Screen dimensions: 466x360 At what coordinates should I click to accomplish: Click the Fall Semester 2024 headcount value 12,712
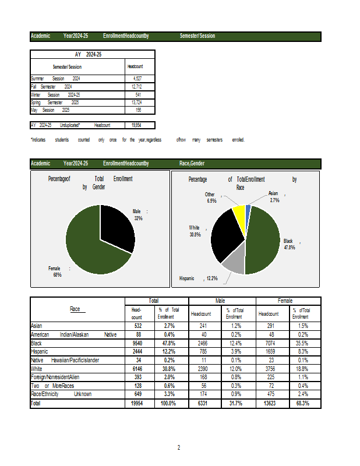pos(137,86)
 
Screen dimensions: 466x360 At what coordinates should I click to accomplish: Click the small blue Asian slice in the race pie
pos(248,208)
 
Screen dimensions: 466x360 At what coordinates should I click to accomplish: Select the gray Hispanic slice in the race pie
pos(234,263)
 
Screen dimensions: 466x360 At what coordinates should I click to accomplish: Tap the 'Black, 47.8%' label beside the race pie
pos(290,244)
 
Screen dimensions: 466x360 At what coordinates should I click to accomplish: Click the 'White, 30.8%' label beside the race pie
pos(196,231)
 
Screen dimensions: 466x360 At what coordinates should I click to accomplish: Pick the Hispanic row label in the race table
pos(40,352)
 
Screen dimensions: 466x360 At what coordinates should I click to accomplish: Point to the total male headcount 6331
pos(200,403)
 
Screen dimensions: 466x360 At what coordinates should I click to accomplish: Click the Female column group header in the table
pos(285,301)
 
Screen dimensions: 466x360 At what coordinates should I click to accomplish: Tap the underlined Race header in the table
pos(75,309)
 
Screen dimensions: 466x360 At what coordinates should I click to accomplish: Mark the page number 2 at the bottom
pos(179,447)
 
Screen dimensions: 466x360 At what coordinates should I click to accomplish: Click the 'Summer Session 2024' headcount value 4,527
pos(137,78)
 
